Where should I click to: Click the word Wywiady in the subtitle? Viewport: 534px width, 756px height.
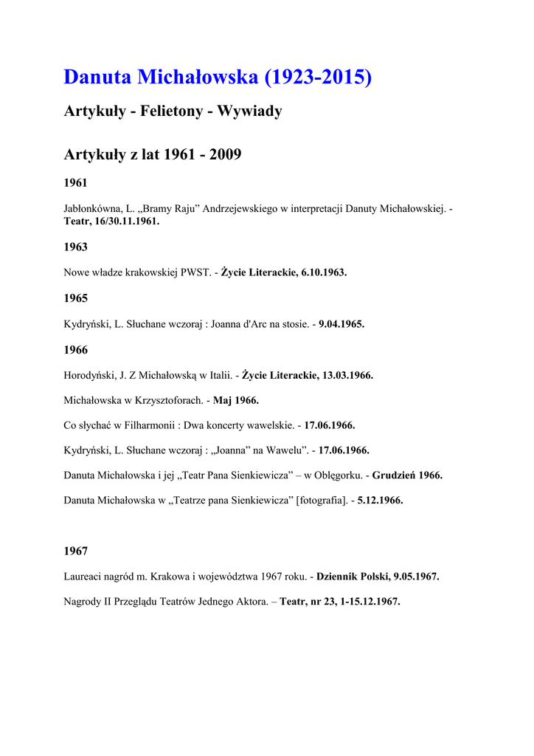[x=249, y=111]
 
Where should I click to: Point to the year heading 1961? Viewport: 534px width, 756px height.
[x=75, y=182]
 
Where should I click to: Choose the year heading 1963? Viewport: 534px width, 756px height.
[x=75, y=247]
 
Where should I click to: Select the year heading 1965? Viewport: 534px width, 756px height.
[x=75, y=298]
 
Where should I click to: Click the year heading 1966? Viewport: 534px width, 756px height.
[x=75, y=350]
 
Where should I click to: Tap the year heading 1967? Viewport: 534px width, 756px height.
[x=75, y=551]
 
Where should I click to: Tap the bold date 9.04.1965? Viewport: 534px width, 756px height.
[x=341, y=324]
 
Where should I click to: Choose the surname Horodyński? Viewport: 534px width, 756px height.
[x=90, y=375]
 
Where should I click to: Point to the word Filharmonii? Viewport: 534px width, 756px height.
[x=150, y=425]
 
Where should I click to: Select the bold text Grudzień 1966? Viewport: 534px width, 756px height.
[x=407, y=475]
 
